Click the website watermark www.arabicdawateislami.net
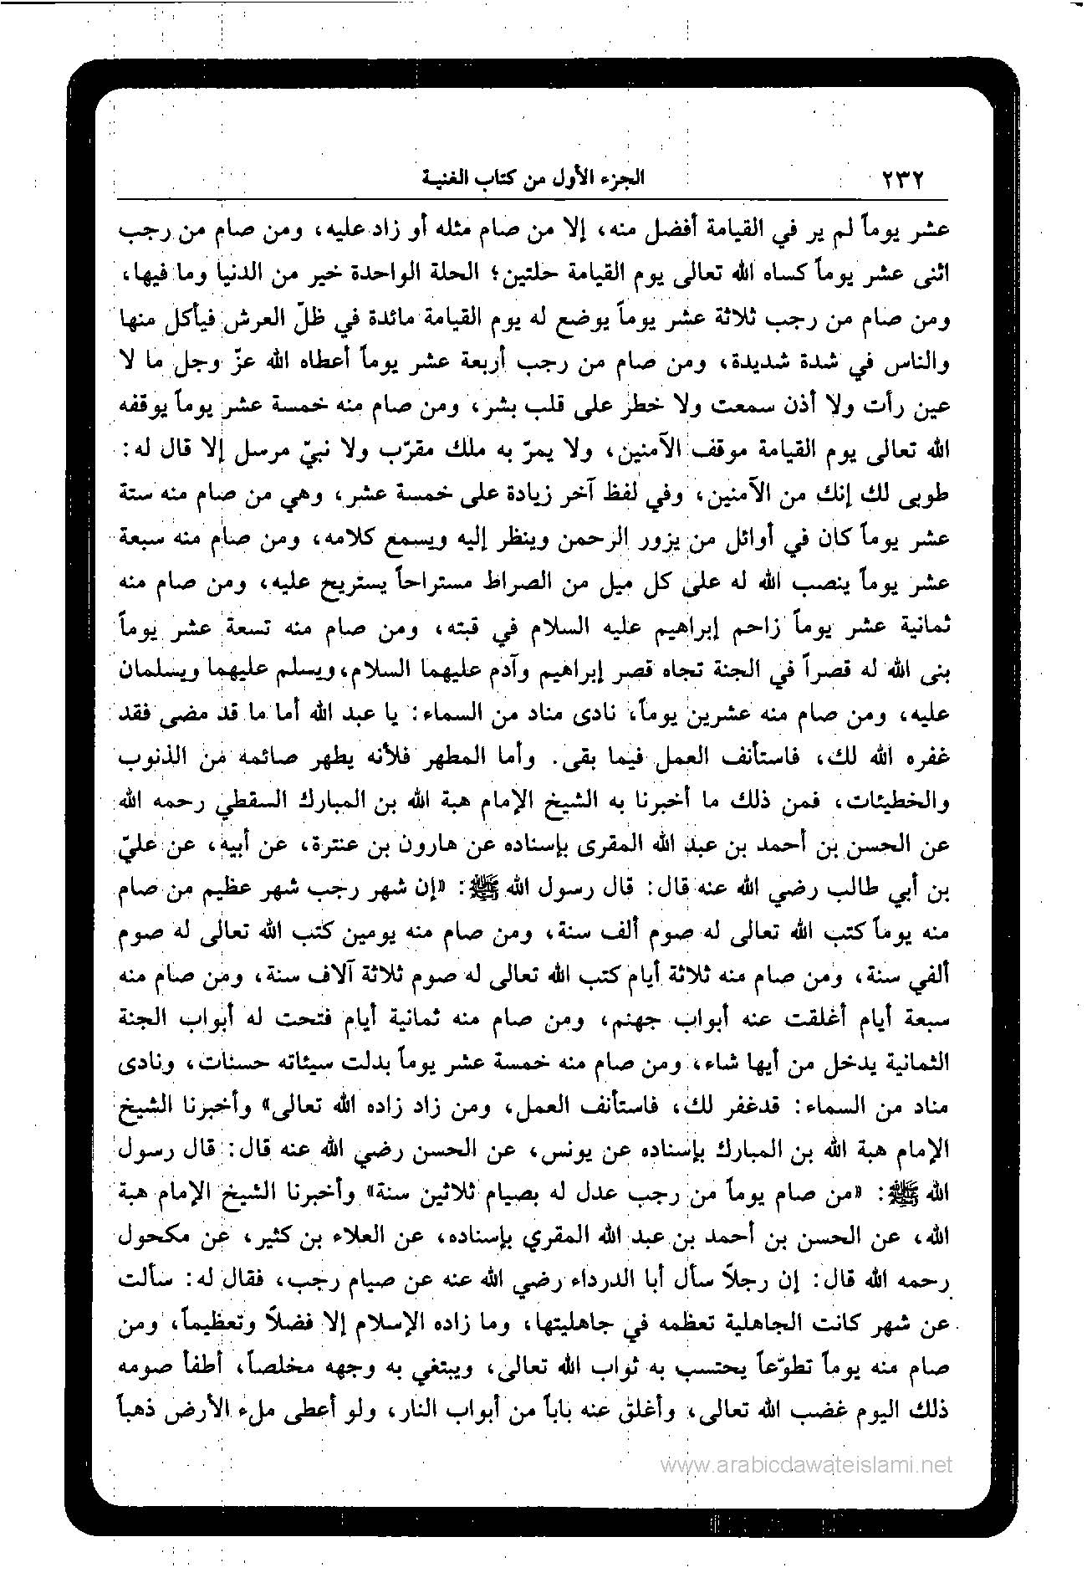(806, 1463)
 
